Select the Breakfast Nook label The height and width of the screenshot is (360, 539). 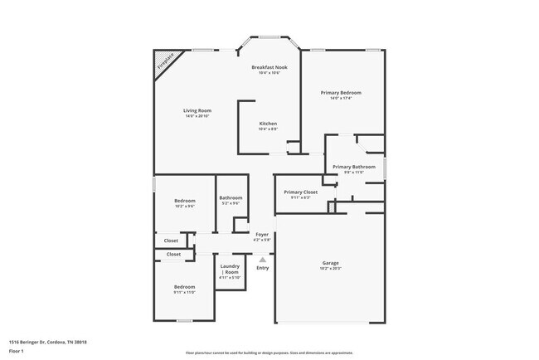coord(269,67)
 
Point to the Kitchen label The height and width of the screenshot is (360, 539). coord(268,124)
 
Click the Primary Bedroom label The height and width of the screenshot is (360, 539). coord(341,93)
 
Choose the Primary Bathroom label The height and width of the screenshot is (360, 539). coord(354,167)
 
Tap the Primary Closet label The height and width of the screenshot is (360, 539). coord(300,192)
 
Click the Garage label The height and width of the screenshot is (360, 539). coord(330,263)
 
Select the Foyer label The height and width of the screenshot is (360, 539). coord(262,235)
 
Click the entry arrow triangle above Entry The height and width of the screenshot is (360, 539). coord(262,260)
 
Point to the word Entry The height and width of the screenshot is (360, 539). coord(262,268)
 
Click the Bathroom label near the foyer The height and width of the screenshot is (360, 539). coord(231,197)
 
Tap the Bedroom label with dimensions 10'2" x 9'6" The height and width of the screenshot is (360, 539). coord(184,201)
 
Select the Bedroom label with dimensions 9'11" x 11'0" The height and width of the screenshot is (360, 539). coord(184,287)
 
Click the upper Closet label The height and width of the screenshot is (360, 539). coord(171,241)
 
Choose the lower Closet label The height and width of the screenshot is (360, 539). coord(173,254)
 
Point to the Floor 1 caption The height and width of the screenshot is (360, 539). coord(17,351)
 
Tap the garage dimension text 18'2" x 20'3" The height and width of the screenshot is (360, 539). coord(330,269)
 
